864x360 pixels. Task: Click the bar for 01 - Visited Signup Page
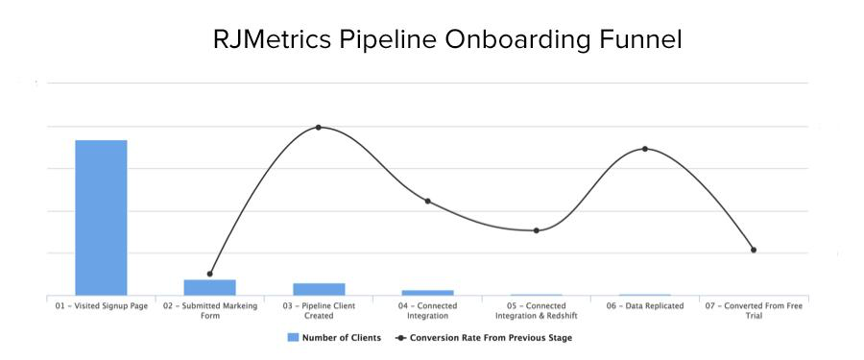click(101, 217)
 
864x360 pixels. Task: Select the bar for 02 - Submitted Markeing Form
click(209, 287)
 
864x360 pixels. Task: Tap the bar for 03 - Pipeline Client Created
click(319, 289)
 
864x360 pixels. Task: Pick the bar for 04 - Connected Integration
click(427, 292)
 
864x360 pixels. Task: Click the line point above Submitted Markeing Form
click(209, 274)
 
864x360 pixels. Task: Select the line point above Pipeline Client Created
click(319, 128)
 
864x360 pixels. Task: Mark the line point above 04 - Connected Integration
click(427, 201)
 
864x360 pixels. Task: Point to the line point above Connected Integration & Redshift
click(537, 230)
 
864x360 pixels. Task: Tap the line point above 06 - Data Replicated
click(645, 149)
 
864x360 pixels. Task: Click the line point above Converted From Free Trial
click(754, 250)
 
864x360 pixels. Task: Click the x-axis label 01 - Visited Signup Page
click(101, 306)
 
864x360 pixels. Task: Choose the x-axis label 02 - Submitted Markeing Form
click(209, 310)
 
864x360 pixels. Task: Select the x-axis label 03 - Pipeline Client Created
click(319, 310)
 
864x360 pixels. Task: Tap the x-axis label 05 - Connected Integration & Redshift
click(537, 310)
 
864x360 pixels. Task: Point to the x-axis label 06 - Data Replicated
click(645, 306)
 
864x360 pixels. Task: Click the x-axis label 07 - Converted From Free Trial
click(754, 310)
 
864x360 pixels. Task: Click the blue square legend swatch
click(293, 338)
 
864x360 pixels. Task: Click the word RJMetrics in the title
click(272, 40)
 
